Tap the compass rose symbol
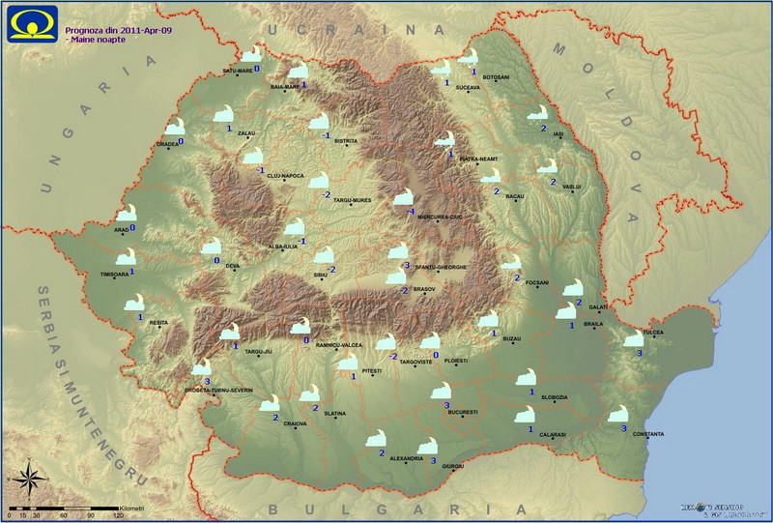pos(28,478)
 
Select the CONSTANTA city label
pos(646,433)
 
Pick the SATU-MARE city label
pos(237,71)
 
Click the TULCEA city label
pos(654,333)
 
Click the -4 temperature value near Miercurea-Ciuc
pos(411,212)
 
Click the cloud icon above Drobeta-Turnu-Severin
pos(201,367)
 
